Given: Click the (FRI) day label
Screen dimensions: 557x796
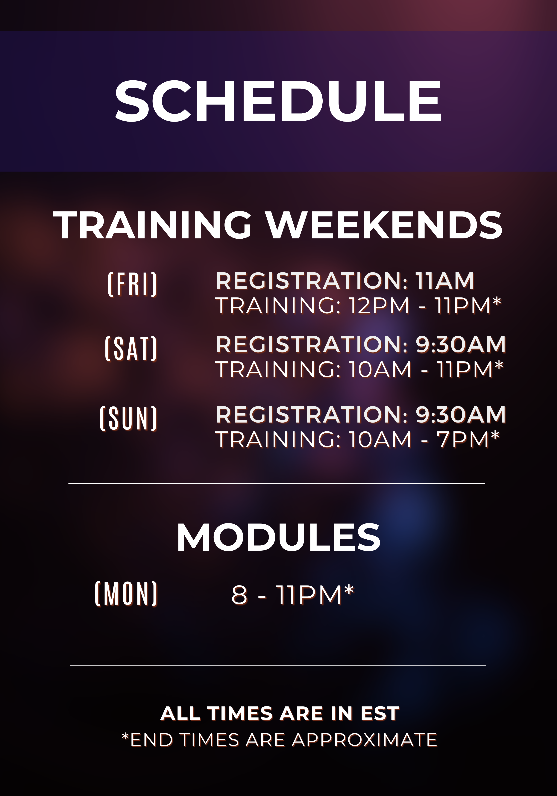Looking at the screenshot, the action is tap(132, 285).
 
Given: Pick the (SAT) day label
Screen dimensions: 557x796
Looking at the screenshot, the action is tap(131, 349).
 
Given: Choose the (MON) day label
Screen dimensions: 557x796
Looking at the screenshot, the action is tap(126, 594).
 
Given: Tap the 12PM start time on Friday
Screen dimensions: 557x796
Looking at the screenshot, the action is tap(379, 306).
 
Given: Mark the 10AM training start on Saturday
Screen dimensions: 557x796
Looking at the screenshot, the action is tap(380, 370).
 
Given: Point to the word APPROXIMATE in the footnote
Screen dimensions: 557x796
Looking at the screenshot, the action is tap(365, 740).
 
